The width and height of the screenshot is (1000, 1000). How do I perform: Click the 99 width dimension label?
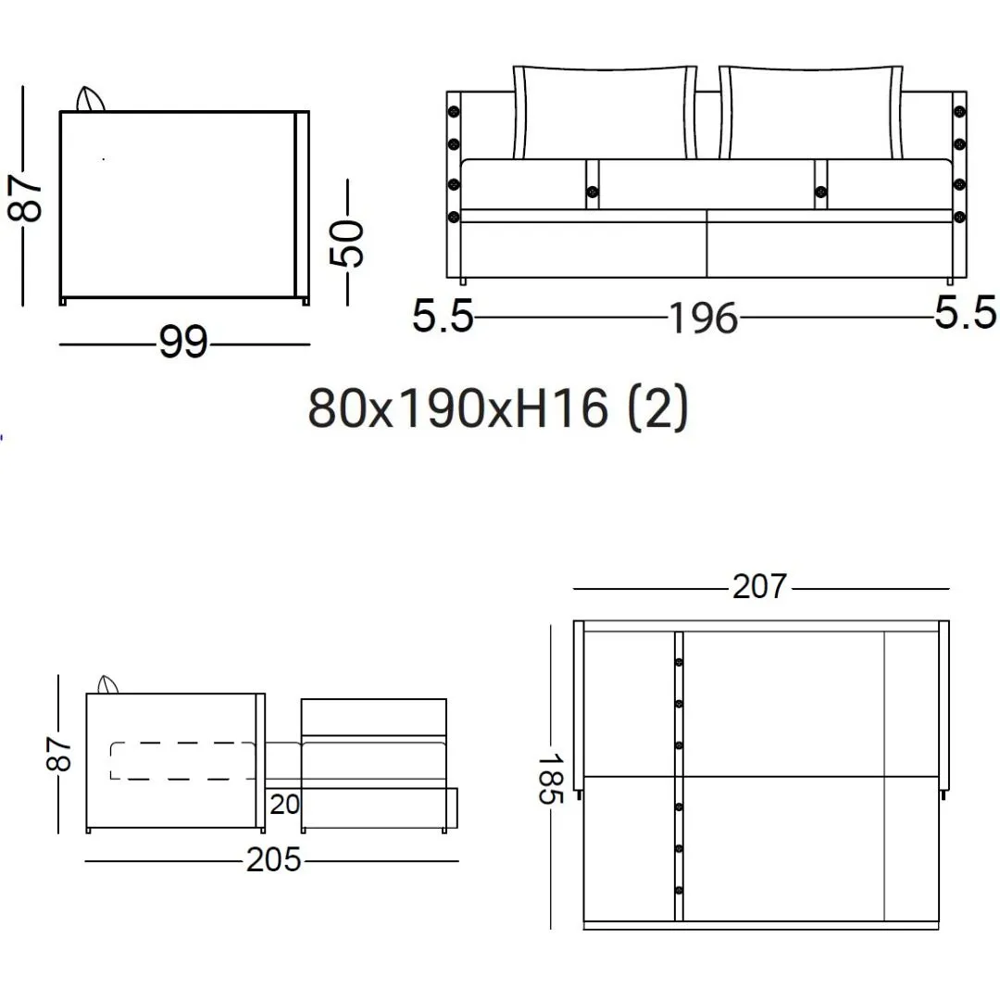(183, 343)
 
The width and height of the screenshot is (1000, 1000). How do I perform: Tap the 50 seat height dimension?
(346, 243)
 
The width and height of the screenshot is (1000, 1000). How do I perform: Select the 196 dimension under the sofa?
(704, 319)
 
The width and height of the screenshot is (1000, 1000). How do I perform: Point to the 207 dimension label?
(759, 587)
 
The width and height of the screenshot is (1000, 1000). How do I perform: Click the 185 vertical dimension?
(550, 779)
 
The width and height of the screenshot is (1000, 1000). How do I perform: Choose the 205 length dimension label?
(273, 859)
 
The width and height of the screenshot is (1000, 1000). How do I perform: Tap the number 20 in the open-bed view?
(284, 805)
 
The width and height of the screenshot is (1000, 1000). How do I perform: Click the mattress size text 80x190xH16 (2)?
(499, 408)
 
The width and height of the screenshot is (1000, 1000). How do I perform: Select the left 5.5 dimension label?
(443, 316)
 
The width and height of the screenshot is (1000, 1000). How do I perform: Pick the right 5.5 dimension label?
(965, 313)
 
